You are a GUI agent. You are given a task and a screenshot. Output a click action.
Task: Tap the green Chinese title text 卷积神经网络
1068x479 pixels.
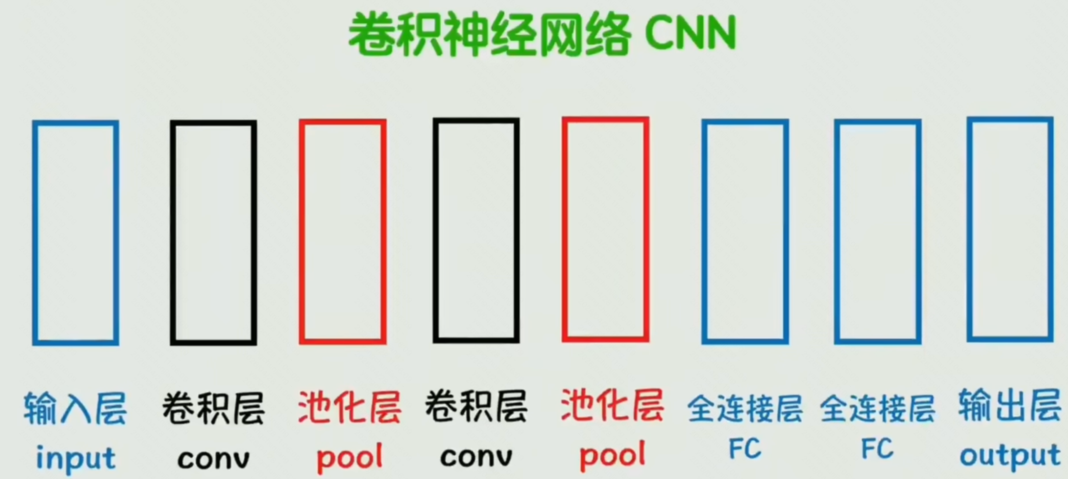[490, 34]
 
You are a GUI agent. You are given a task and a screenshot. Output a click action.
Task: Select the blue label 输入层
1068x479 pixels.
[75, 409]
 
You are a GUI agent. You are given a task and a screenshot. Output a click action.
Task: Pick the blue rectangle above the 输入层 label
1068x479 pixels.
[35, 233]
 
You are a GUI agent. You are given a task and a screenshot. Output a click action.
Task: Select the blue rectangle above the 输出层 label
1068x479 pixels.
[969, 230]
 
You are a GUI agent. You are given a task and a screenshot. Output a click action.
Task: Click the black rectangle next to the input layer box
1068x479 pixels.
[173, 233]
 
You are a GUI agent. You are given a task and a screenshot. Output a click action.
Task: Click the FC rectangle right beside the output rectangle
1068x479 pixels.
[837, 232]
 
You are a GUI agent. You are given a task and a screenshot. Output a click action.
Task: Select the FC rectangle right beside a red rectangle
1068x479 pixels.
[704, 232]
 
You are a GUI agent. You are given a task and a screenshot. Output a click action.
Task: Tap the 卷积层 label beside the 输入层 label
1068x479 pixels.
[213, 409]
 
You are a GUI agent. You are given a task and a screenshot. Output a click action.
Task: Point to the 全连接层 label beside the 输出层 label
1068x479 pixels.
[877, 409]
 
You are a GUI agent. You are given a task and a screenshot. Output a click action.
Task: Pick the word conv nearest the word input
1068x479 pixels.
[213, 459]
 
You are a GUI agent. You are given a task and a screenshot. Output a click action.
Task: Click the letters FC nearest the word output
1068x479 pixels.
[877, 449]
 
